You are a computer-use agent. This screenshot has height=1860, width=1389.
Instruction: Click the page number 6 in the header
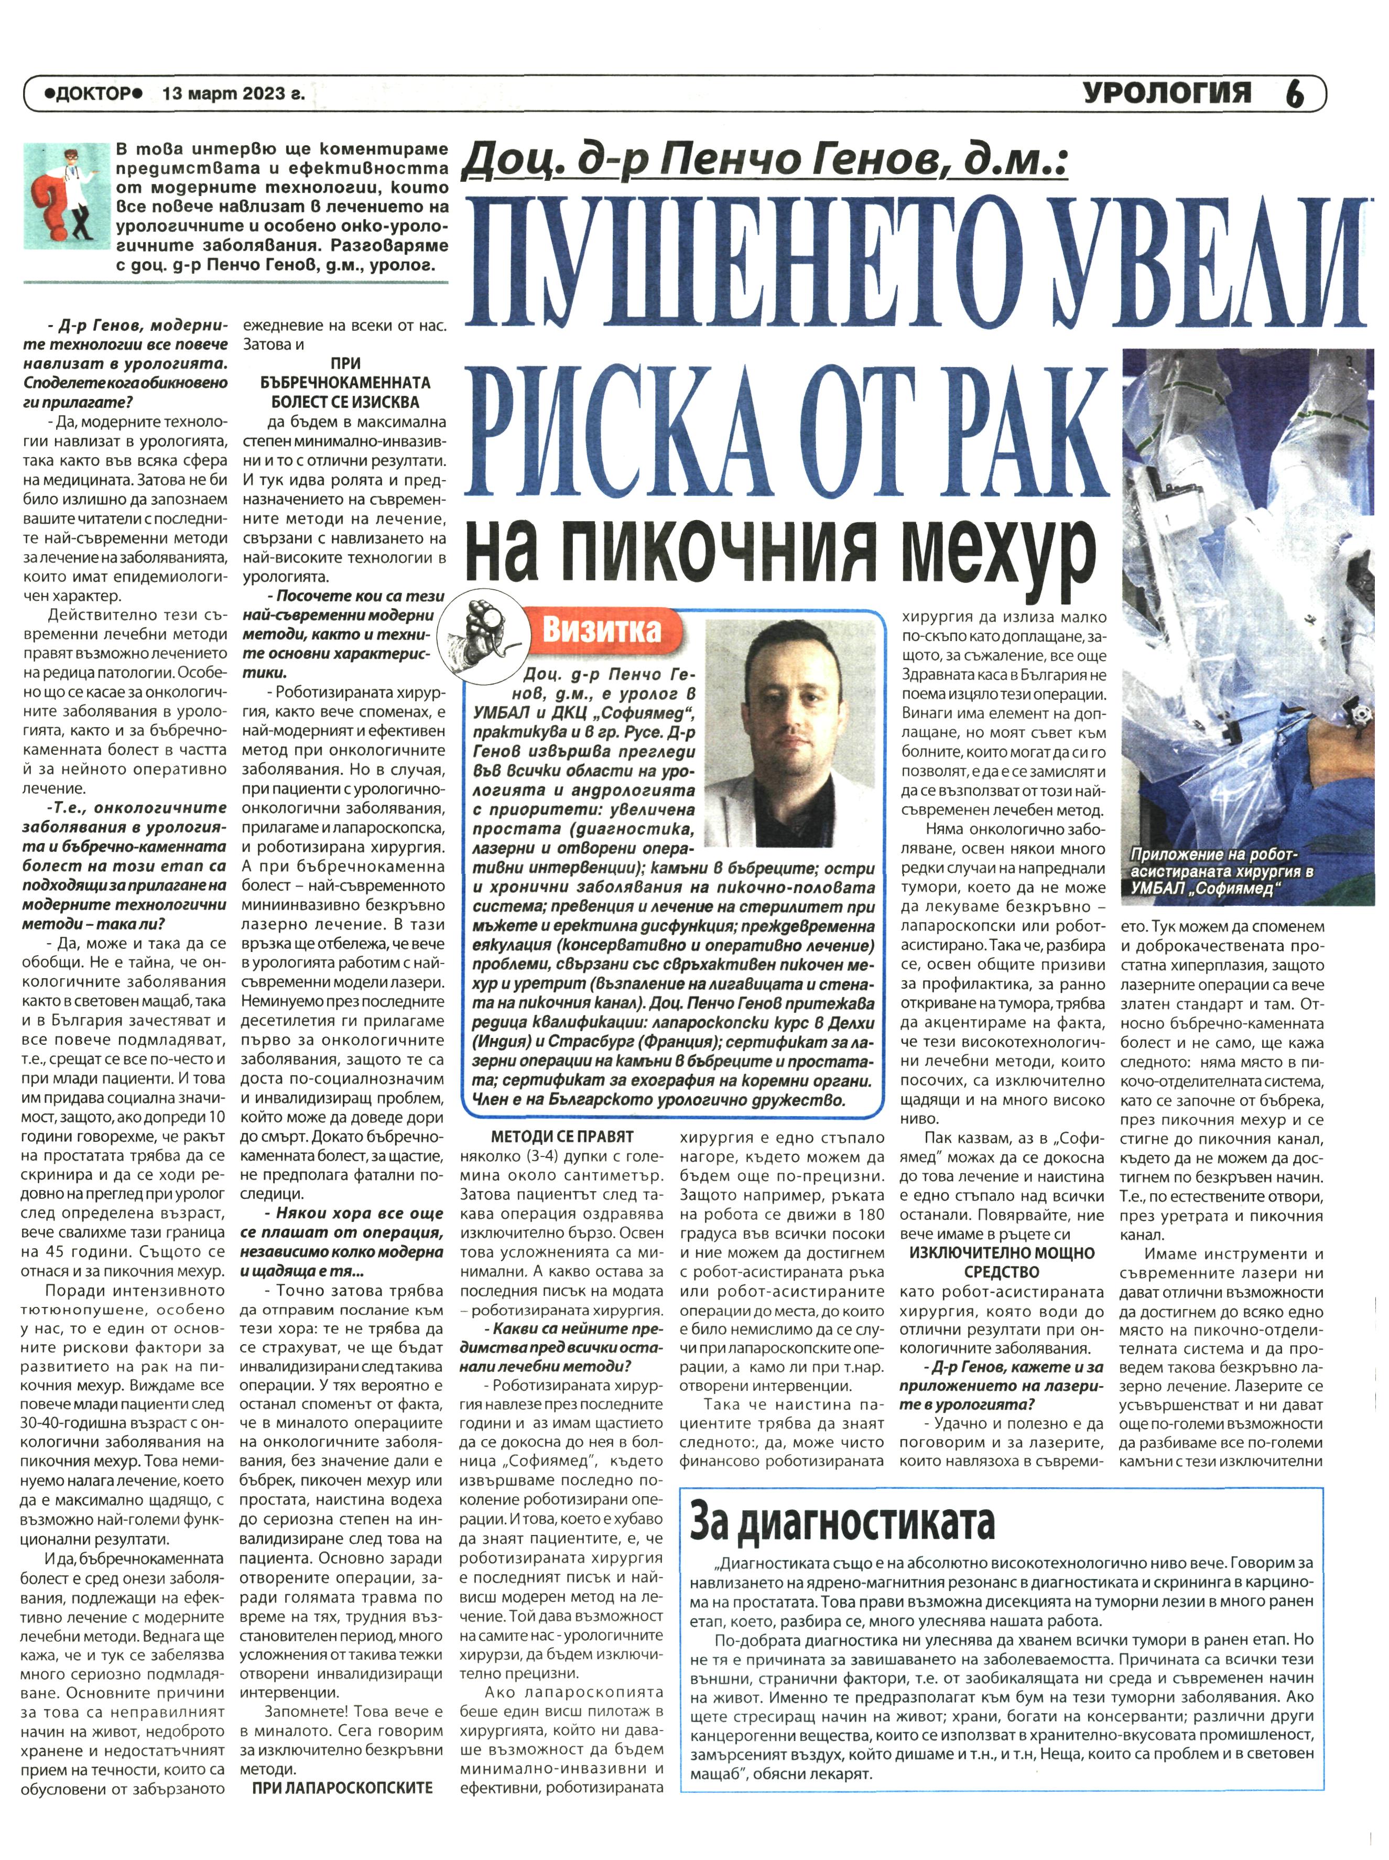1295,94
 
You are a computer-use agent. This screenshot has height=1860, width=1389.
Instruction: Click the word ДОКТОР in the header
92,95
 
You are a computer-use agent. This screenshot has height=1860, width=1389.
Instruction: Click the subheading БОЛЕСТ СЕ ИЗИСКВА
345,402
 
